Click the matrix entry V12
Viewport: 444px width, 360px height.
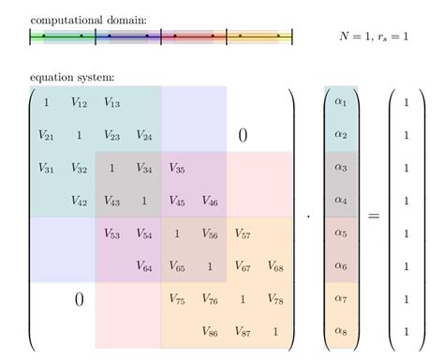point(79,103)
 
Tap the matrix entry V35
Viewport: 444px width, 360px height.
point(177,169)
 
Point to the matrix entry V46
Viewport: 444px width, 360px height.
point(210,202)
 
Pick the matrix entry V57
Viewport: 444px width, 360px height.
point(243,234)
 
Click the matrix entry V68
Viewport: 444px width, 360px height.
point(275,267)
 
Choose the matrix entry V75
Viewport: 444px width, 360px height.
point(177,300)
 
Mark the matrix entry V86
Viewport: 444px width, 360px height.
point(210,332)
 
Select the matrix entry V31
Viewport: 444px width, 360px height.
point(46,169)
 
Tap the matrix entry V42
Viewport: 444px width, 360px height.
point(79,202)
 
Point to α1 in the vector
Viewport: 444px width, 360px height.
point(340,103)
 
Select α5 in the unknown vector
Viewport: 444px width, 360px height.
point(340,234)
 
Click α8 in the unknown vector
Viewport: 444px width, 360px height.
point(340,332)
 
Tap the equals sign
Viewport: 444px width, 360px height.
point(373,217)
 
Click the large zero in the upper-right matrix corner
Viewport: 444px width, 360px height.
point(243,136)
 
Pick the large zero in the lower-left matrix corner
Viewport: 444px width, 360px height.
point(79,300)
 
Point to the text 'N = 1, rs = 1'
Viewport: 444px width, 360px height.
point(372,37)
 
